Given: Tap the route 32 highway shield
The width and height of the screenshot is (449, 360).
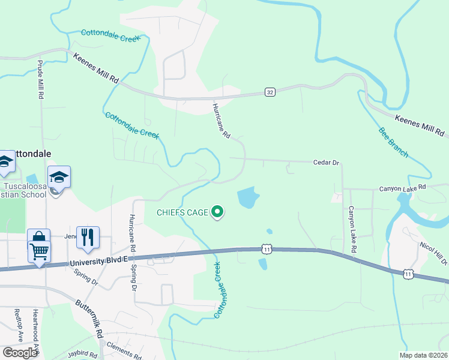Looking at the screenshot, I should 270,92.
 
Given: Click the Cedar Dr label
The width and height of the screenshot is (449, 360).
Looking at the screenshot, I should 327,163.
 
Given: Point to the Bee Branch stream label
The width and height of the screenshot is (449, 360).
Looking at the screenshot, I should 393,142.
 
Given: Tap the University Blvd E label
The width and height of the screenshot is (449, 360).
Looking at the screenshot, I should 98,261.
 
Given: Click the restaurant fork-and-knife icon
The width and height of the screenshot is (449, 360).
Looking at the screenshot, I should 88,237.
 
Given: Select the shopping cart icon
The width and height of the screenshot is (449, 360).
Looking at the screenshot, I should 39,251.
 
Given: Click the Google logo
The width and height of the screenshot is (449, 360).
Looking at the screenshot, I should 19,353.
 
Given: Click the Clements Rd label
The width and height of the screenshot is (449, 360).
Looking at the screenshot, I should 123,350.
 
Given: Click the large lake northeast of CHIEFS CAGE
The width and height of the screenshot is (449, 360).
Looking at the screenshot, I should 247,197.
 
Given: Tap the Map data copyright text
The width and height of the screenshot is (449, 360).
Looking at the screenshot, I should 423,355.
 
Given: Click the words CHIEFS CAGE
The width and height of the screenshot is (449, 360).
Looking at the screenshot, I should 182,212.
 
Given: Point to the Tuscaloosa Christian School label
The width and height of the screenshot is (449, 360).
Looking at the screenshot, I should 24,190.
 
